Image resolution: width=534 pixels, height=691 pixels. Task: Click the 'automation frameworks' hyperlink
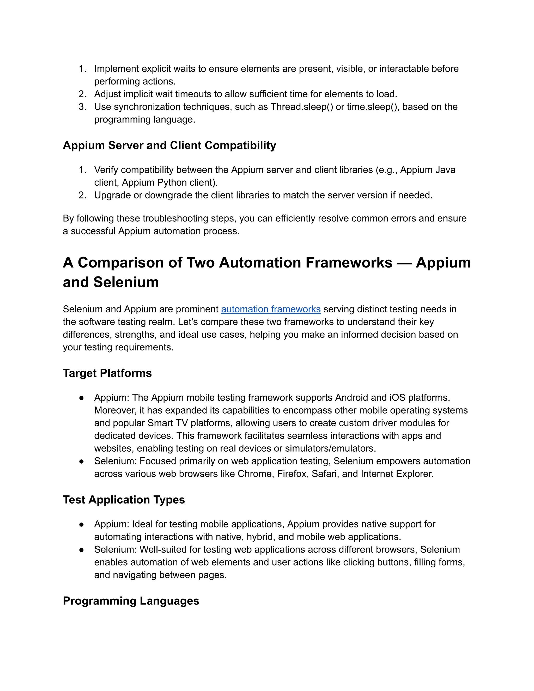click(271, 309)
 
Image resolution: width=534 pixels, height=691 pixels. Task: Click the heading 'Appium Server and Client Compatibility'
click(169, 145)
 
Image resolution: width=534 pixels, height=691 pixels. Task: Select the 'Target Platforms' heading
click(107, 373)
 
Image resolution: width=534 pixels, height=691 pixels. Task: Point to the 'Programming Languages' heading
click(131, 601)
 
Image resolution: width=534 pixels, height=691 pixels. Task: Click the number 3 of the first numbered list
click(82, 107)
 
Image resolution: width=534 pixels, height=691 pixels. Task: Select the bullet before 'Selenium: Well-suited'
click(81, 550)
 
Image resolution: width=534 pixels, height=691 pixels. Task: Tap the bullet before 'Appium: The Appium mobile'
click(81, 398)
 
